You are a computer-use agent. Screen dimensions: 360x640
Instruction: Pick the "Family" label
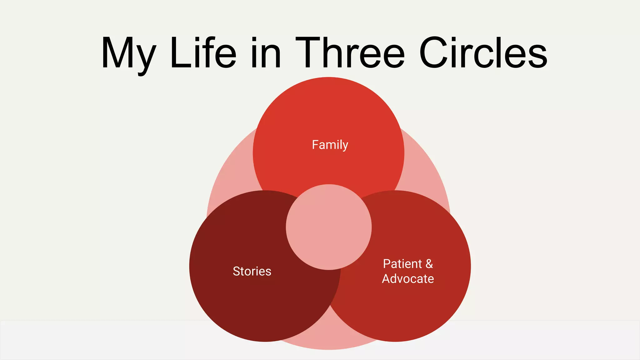point(330,145)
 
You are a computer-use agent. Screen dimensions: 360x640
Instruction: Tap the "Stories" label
point(252,271)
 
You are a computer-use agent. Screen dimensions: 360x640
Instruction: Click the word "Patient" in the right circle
point(402,264)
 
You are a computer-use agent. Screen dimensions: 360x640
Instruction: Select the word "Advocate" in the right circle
point(408,279)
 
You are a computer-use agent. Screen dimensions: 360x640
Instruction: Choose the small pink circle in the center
point(329,227)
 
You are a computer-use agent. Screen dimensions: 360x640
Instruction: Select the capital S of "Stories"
point(237,271)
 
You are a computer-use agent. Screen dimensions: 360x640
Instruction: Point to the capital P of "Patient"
point(387,264)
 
